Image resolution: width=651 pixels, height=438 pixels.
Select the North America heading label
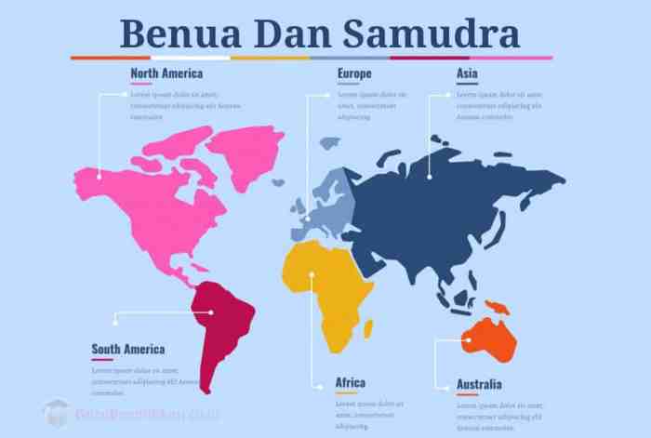(x=168, y=73)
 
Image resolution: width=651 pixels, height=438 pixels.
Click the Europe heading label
(x=354, y=73)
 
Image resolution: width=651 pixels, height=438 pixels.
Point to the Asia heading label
(x=468, y=73)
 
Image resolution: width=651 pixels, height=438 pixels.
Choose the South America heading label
(x=128, y=350)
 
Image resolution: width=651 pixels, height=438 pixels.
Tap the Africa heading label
(x=351, y=382)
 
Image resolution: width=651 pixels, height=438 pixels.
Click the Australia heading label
(x=479, y=384)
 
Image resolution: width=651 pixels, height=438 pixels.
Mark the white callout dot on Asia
(x=429, y=176)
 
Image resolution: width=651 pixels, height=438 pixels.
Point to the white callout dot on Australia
(x=469, y=340)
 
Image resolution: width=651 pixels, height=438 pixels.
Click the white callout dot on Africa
(x=312, y=273)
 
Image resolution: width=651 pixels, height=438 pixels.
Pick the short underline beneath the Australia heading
(x=467, y=395)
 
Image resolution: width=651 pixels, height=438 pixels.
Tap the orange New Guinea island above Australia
(x=498, y=308)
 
